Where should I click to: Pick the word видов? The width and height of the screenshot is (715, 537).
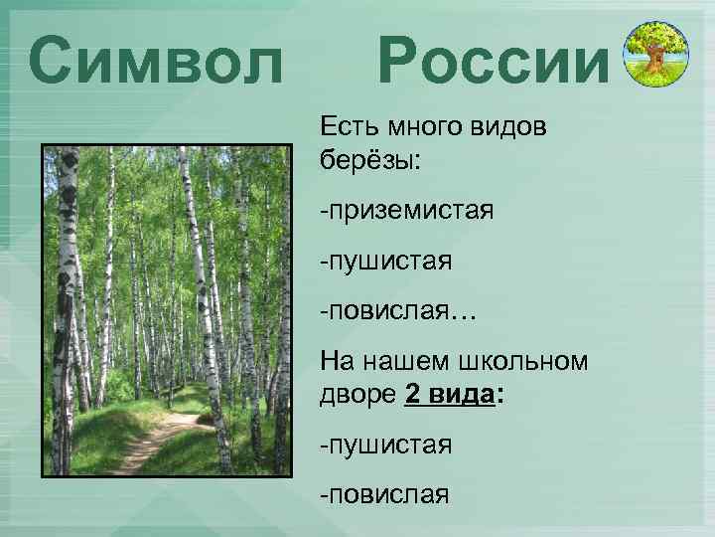click(516, 128)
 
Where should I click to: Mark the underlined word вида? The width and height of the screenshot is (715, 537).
click(462, 394)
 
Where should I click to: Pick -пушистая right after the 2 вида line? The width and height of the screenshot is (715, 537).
click(385, 445)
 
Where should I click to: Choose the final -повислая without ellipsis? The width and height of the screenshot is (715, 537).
click(383, 494)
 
